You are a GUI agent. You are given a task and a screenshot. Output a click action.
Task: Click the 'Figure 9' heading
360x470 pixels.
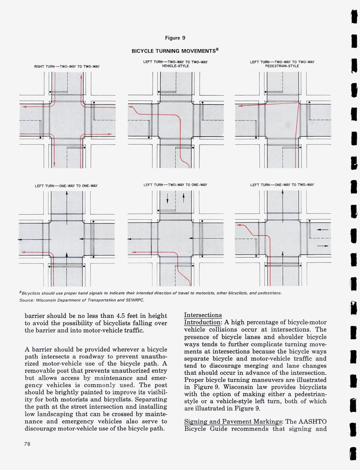[x=175, y=37]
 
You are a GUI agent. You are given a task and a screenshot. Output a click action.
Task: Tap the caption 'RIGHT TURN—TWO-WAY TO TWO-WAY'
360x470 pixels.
[x=67, y=66]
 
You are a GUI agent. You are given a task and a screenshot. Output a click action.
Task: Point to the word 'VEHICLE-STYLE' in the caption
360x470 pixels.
[x=175, y=66]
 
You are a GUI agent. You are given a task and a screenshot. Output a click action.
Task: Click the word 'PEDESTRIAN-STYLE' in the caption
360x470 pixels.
[x=282, y=66]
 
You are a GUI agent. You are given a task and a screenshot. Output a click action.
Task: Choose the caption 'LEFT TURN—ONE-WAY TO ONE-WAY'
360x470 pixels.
[x=66, y=186]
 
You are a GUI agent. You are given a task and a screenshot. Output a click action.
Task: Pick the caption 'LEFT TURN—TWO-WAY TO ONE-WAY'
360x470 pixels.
[x=175, y=185]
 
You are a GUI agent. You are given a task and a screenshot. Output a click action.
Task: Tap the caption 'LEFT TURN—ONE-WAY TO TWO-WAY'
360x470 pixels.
[x=282, y=185]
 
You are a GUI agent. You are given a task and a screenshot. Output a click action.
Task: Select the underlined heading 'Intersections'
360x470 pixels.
[x=203, y=315]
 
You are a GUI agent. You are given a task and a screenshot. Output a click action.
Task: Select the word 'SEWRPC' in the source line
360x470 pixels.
[x=136, y=300]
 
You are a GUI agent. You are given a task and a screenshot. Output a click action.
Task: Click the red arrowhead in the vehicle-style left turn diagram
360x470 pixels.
[x=130, y=107]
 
